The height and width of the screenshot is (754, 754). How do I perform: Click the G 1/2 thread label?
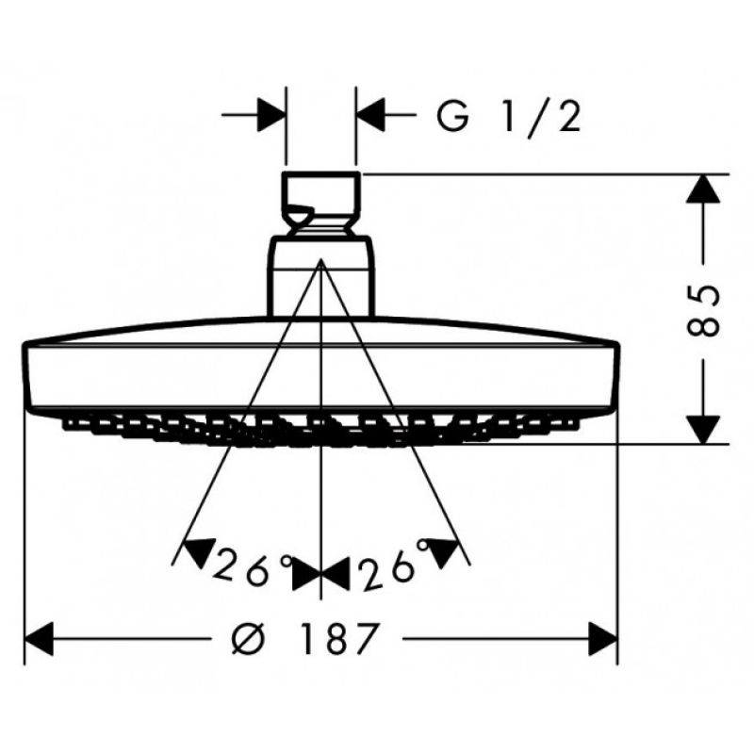pyautogui.click(x=509, y=117)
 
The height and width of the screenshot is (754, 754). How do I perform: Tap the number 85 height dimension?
pyautogui.click(x=704, y=311)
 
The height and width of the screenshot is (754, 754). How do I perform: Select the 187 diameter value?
pyautogui.click(x=339, y=639)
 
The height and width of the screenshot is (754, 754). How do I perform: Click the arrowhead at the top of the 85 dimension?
pyautogui.click(x=703, y=188)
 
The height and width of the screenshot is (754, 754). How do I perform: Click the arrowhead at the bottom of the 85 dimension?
pyautogui.click(x=703, y=429)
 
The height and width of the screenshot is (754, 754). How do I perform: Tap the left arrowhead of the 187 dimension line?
pyautogui.click(x=39, y=639)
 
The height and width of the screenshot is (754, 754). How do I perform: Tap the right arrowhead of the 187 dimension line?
pyautogui.click(x=602, y=639)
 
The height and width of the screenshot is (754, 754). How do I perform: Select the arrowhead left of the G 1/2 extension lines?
pyautogui.click(x=271, y=115)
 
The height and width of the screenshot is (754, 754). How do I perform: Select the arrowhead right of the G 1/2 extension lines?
pyautogui.click(x=370, y=115)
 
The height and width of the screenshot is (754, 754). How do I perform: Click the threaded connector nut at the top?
pyautogui.click(x=320, y=203)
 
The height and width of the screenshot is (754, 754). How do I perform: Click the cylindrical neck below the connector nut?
pyautogui.click(x=320, y=276)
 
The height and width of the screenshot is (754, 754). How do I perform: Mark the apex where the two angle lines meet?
pyautogui.click(x=320, y=260)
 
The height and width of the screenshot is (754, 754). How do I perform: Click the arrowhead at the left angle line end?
pyautogui.click(x=199, y=553)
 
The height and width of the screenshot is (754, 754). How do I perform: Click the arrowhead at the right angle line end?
pyautogui.click(x=443, y=553)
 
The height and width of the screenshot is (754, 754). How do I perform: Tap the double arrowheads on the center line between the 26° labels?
pyautogui.click(x=320, y=575)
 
